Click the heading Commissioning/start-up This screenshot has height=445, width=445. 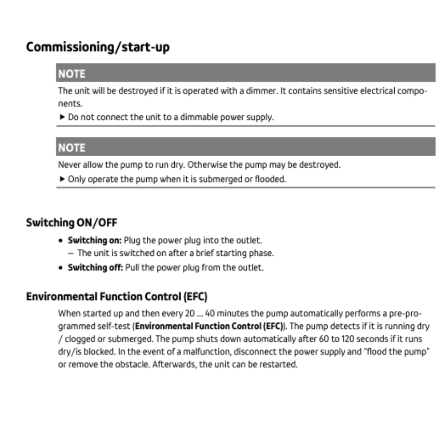click(98, 47)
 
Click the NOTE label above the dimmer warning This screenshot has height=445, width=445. click(72, 74)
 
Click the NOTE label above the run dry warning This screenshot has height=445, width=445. click(72, 147)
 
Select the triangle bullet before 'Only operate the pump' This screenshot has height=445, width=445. click(62, 179)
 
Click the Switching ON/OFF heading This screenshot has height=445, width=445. click(72, 223)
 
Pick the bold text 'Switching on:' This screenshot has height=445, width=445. click(95, 239)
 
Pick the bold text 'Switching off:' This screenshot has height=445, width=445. click(95, 267)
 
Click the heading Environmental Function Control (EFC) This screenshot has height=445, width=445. click(116, 296)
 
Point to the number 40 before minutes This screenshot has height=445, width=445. click(210, 314)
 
